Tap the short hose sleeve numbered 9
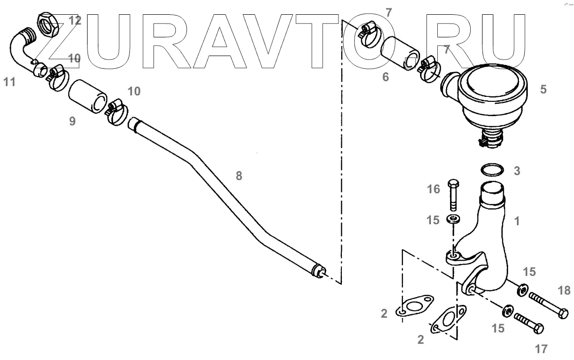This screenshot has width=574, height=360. (88, 95)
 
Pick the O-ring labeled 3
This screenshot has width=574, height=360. (492, 170)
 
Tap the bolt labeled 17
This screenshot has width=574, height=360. (528, 324)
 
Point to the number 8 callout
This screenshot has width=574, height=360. (239, 176)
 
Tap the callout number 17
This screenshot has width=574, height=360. (541, 349)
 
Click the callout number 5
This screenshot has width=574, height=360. (543, 90)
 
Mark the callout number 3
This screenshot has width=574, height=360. (516, 172)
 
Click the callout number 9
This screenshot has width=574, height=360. (72, 121)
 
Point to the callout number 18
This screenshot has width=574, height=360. (565, 290)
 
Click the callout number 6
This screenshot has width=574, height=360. (386, 77)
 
